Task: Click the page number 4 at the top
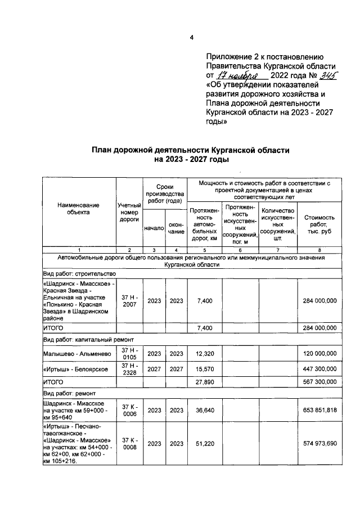[191, 38]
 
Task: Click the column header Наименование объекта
[79, 209]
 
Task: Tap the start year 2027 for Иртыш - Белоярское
[154, 368]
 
